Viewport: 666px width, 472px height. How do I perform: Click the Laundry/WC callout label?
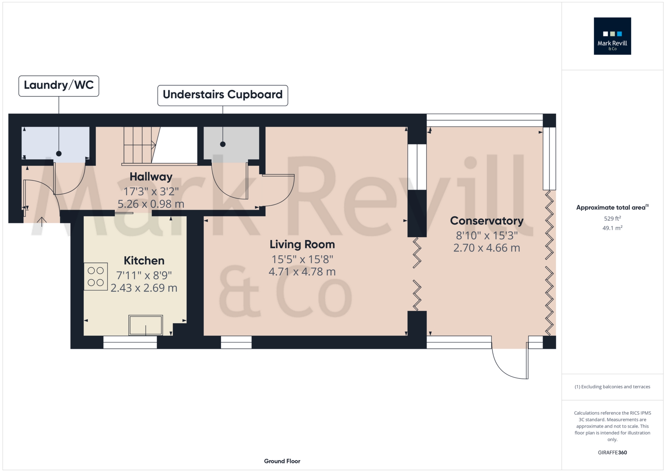(x=59, y=86)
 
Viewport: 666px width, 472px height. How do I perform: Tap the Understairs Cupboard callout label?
(x=223, y=96)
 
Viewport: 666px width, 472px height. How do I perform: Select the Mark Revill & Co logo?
(x=612, y=36)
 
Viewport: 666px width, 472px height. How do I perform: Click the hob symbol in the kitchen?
(x=96, y=276)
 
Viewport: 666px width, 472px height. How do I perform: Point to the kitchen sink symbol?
(x=145, y=325)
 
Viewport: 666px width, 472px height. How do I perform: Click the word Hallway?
(x=151, y=177)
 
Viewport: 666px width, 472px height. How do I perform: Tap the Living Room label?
(x=302, y=244)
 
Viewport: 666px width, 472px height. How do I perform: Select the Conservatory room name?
(x=487, y=221)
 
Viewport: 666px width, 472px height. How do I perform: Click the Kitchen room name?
(x=144, y=261)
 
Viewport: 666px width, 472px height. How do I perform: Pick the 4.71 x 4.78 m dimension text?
(x=302, y=272)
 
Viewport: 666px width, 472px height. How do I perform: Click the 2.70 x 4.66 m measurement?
(x=487, y=248)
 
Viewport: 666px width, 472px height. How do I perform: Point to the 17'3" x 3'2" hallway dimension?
(x=151, y=191)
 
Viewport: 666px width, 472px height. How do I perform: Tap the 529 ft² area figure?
(x=612, y=218)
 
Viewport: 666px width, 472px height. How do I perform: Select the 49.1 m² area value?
(x=612, y=228)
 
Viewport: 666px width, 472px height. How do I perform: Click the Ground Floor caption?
(x=282, y=461)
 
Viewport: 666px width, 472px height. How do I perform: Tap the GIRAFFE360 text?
(x=612, y=453)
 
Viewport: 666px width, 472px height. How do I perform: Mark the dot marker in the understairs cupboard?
(x=223, y=144)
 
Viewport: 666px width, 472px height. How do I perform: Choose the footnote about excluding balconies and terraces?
(x=612, y=387)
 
